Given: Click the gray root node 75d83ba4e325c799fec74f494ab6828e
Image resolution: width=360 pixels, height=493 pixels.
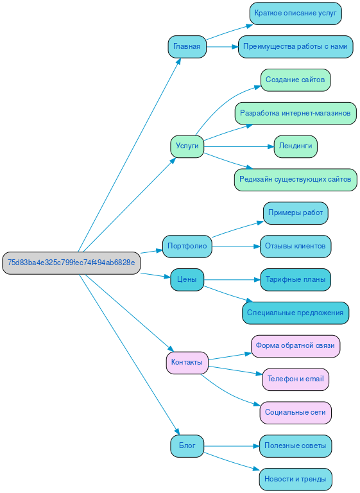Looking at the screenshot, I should (x=71, y=263).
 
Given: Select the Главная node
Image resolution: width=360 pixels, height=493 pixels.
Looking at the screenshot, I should (x=187, y=47).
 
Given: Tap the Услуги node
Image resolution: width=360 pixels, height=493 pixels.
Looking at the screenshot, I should (x=187, y=146).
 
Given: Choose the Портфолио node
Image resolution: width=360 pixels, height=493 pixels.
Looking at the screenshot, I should (x=187, y=246).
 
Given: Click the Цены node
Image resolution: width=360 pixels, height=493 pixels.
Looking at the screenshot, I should (x=187, y=279).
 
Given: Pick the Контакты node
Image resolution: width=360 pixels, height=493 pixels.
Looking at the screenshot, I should (x=187, y=363).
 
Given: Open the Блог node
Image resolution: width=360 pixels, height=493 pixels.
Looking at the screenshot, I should (x=187, y=445).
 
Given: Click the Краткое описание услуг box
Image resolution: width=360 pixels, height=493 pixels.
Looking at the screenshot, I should (x=295, y=13).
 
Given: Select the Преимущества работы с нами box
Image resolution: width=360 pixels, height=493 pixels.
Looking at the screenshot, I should (x=295, y=47).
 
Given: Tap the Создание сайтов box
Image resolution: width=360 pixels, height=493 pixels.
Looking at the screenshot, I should (x=295, y=80).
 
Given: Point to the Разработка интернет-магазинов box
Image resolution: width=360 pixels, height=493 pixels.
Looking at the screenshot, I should (x=295, y=113).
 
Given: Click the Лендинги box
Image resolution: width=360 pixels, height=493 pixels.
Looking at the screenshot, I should (x=295, y=146).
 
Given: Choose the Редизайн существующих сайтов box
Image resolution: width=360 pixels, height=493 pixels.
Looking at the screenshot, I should (x=295, y=180).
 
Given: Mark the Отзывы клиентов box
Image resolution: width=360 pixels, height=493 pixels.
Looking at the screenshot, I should (x=295, y=246).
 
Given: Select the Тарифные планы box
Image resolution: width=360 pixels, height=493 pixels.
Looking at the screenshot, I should (x=295, y=279).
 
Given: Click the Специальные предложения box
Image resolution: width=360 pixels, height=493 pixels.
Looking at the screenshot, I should (x=295, y=313).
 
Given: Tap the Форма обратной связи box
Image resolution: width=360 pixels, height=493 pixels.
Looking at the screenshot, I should (x=295, y=346).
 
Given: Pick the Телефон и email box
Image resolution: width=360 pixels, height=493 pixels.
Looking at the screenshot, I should (x=295, y=379).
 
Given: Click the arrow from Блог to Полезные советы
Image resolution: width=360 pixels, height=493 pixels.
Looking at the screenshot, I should (x=231, y=445).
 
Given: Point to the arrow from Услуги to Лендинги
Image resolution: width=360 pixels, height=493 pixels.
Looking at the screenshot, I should (x=237, y=146).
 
